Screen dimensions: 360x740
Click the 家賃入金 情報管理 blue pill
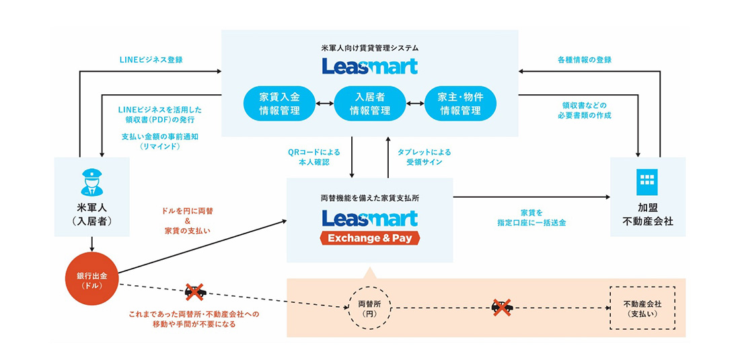[x=279, y=103]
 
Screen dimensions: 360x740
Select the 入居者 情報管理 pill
[x=370, y=103]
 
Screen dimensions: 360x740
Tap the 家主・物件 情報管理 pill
[x=461, y=103]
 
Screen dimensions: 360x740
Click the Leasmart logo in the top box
[x=370, y=66]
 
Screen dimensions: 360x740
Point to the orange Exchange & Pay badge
[x=370, y=238]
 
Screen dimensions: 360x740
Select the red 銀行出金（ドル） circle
[x=92, y=279]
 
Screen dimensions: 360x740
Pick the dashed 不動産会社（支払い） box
[x=642, y=308]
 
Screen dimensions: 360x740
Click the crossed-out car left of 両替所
[x=195, y=292]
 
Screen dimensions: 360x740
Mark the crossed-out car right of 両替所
[x=502, y=308]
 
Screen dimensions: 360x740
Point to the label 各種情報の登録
[x=585, y=59]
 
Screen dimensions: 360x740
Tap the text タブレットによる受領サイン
[x=424, y=157]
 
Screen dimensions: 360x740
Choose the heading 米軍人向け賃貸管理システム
[x=370, y=48]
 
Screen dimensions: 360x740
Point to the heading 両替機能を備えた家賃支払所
[x=370, y=199]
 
